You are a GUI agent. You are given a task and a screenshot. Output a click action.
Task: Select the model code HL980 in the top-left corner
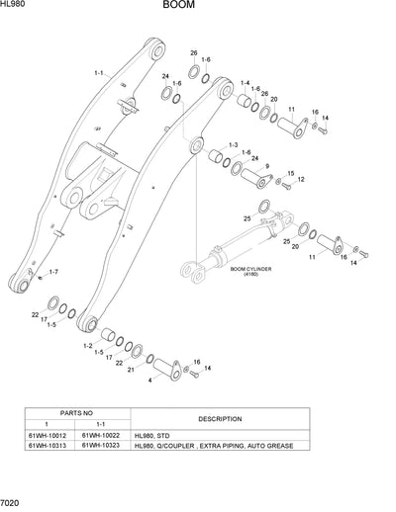pyautogui.click(x=15, y=6)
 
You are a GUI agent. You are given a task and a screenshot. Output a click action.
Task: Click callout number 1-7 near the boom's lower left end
pyautogui.click(x=52, y=271)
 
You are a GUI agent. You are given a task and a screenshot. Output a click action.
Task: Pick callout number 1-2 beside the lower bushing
pyautogui.click(x=89, y=346)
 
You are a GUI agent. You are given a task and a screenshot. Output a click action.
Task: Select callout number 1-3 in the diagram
pyautogui.click(x=233, y=145)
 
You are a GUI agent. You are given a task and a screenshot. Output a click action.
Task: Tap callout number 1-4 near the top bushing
pyautogui.click(x=245, y=83)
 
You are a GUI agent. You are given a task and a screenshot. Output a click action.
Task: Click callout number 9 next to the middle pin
pyautogui.click(x=266, y=166)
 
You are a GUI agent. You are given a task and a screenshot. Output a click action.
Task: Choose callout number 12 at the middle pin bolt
pyautogui.click(x=300, y=180)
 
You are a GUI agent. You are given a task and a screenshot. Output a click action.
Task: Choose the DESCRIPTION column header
pyautogui.click(x=219, y=419)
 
